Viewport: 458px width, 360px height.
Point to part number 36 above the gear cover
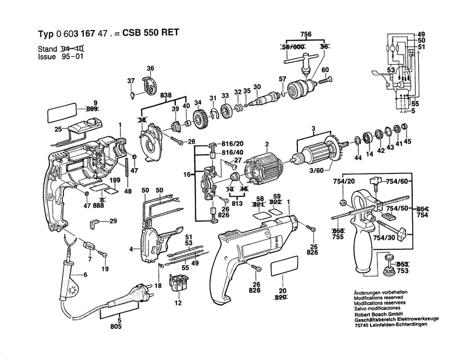pos(150,68)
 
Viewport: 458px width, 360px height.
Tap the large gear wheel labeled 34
pos(198,116)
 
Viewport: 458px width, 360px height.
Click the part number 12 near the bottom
pos(179,303)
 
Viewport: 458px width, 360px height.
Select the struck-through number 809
pos(92,109)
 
